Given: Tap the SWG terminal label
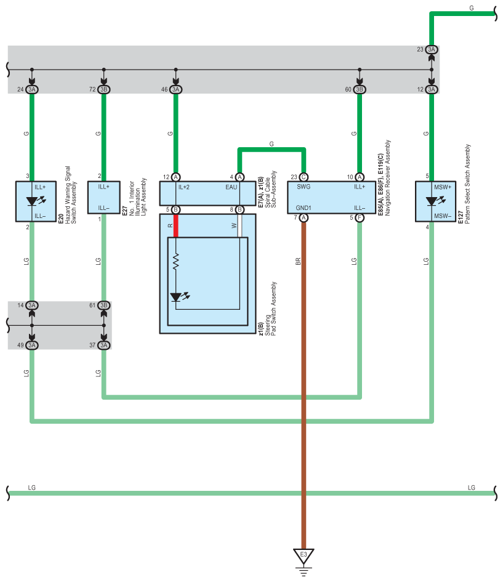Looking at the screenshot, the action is click(304, 187).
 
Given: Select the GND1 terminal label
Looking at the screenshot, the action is click(304, 208).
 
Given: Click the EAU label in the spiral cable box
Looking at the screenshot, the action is click(231, 187).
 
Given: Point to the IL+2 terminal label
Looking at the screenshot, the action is click(183, 187).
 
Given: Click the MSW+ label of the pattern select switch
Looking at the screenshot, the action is click(443, 187).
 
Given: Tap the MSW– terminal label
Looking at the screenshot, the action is click(443, 216).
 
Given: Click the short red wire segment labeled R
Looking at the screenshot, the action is click(176, 225).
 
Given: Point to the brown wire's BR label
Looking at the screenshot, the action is click(298, 261).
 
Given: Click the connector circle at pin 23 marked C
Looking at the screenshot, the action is click(304, 177).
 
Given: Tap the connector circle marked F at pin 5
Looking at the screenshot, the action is click(360, 217).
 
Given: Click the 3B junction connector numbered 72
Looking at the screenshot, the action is click(104, 89).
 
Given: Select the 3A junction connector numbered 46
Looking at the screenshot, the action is click(176, 89).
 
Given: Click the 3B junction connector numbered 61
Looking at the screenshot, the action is click(104, 305).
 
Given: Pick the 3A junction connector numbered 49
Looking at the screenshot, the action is click(32, 345).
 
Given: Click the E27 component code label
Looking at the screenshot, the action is click(125, 211).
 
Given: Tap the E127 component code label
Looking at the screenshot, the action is click(461, 217).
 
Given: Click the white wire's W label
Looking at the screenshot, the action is click(234, 225).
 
